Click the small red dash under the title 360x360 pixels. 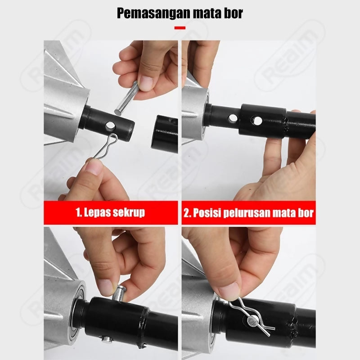[180, 28]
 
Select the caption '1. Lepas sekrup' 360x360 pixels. [110, 212]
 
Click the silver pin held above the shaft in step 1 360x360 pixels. [126, 99]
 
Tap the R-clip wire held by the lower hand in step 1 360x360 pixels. [106, 146]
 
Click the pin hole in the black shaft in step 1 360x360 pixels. [110, 126]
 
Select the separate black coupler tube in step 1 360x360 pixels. [164, 134]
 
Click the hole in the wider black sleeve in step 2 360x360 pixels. [257, 120]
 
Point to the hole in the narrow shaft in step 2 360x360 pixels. [233, 118]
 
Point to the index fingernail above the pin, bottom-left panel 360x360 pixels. [106, 288]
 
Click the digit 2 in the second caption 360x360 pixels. [186, 213]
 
